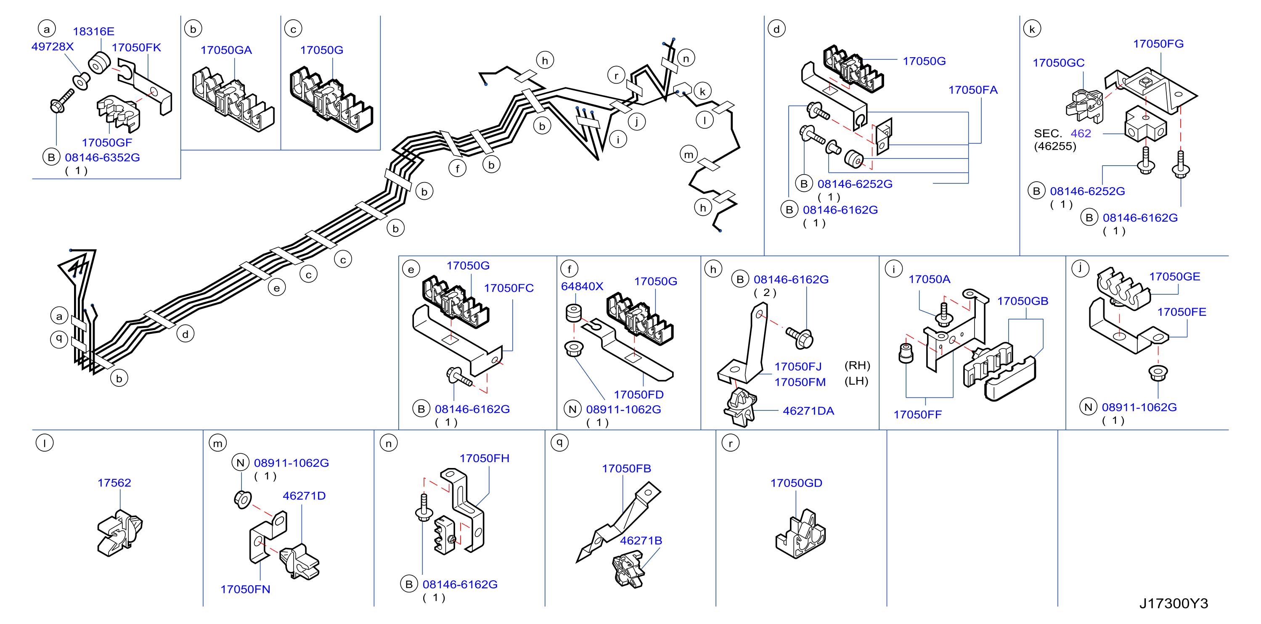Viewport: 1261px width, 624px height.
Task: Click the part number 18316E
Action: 93,31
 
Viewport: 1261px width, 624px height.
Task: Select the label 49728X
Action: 53,47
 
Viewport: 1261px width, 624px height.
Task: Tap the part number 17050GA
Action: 226,50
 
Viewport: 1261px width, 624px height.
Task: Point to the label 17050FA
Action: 973,90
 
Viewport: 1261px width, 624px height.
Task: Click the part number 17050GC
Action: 1058,63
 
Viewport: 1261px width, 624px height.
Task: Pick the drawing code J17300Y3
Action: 1174,603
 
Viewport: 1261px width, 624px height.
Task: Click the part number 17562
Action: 114,483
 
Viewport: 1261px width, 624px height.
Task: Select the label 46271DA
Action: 808,411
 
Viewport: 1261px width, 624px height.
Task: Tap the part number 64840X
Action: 582,286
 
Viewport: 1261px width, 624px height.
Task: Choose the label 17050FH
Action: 484,458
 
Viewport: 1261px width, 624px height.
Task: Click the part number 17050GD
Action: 796,483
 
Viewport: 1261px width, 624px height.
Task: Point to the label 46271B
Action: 641,540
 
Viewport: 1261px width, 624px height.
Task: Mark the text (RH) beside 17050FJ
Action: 857,365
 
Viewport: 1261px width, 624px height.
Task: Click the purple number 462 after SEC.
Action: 1081,133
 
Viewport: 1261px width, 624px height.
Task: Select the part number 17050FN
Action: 245,589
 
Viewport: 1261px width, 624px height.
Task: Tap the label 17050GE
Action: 1174,277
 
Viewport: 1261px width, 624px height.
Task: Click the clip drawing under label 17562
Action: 120,533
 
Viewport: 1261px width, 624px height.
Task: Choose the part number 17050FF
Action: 917,415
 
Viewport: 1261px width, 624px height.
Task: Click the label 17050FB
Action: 626,468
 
